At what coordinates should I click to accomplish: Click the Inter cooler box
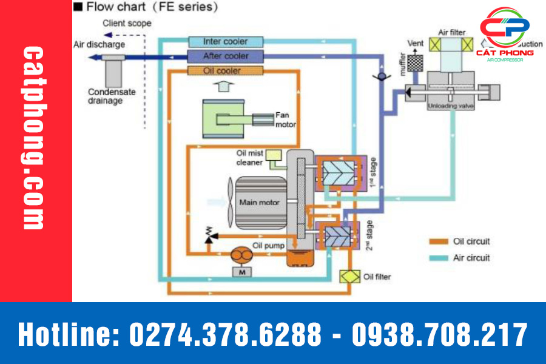(x=226, y=41)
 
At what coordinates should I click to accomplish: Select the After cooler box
(x=226, y=56)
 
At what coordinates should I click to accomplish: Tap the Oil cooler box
(x=226, y=71)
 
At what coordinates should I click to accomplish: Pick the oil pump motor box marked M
(x=242, y=272)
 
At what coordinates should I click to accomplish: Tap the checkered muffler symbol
(x=415, y=62)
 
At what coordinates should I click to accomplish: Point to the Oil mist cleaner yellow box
(x=274, y=155)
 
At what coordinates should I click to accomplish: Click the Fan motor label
(x=286, y=120)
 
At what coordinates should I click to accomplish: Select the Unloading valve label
(x=451, y=106)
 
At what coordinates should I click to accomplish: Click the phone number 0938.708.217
(x=439, y=334)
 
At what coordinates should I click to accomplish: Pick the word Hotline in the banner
(x=67, y=334)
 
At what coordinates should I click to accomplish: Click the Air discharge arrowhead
(x=92, y=57)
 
